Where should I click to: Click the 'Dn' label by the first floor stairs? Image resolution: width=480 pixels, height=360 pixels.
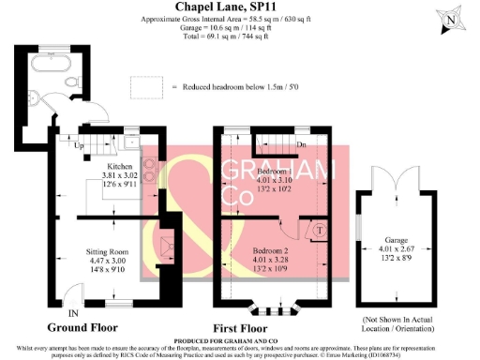click(300, 146)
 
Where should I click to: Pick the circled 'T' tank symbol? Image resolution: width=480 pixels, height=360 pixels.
click(319, 229)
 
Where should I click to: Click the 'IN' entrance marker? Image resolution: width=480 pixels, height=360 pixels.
click(72, 312)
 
